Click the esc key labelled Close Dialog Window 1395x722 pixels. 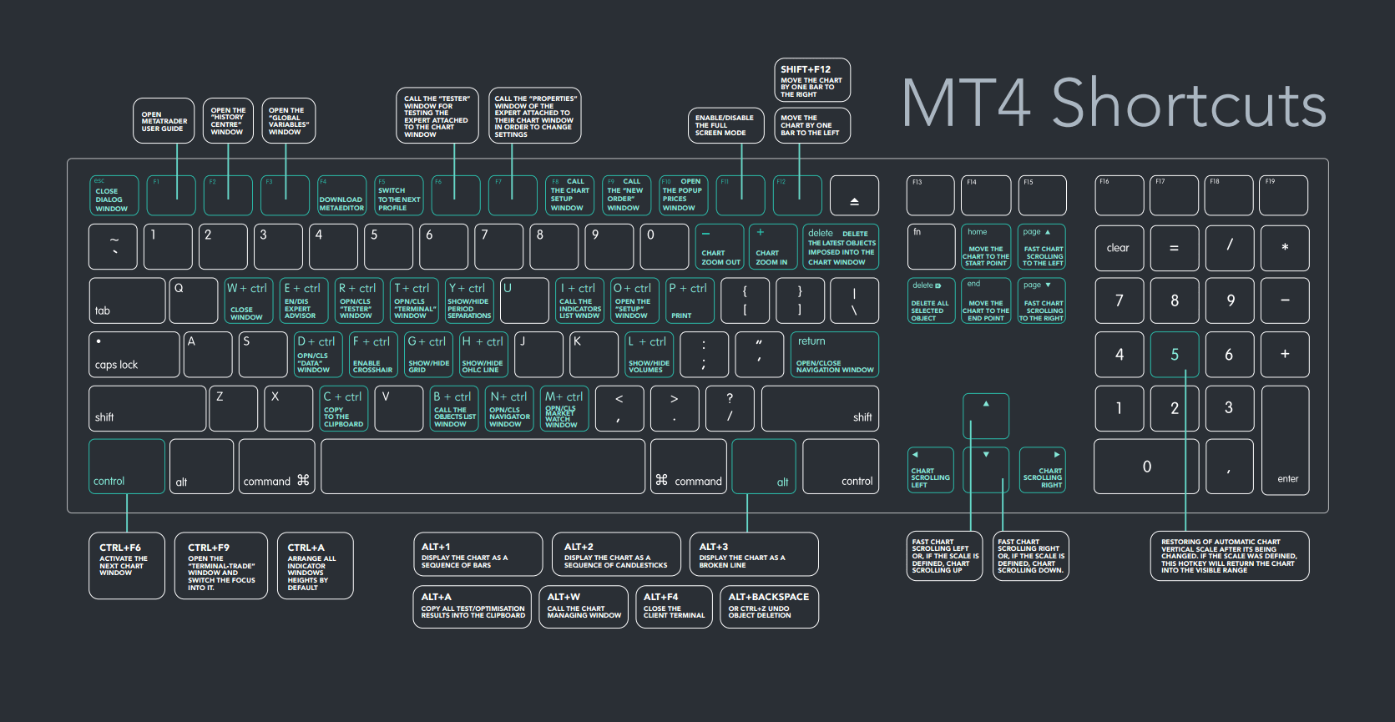[x=114, y=195]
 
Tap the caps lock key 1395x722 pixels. [x=134, y=355]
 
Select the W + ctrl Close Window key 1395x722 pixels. [x=247, y=300]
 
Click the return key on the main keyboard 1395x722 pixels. [x=834, y=355]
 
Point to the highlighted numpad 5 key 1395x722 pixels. [x=1174, y=355]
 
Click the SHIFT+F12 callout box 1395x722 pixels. [x=812, y=80]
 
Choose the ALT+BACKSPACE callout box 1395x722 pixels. [x=769, y=607]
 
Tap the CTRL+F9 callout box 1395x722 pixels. [x=221, y=566]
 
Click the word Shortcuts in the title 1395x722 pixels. [x=1188, y=104]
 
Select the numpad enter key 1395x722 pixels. [x=1285, y=439]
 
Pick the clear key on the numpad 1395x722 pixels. [x=1119, y=248]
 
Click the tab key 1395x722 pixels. [x=127, y=300]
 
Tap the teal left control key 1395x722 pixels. [x=127, y=466]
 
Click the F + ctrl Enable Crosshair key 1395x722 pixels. [x=372, y=355]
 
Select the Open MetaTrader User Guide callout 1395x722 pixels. [x=164, y=121]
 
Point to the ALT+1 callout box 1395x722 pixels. [x=478, y=554]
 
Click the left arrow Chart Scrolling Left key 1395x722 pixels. [x=930, y=470]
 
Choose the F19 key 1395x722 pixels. [x=1284, y=195]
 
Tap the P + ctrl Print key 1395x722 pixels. [x=690, y=300]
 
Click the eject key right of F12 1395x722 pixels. [x=854, y=195]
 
